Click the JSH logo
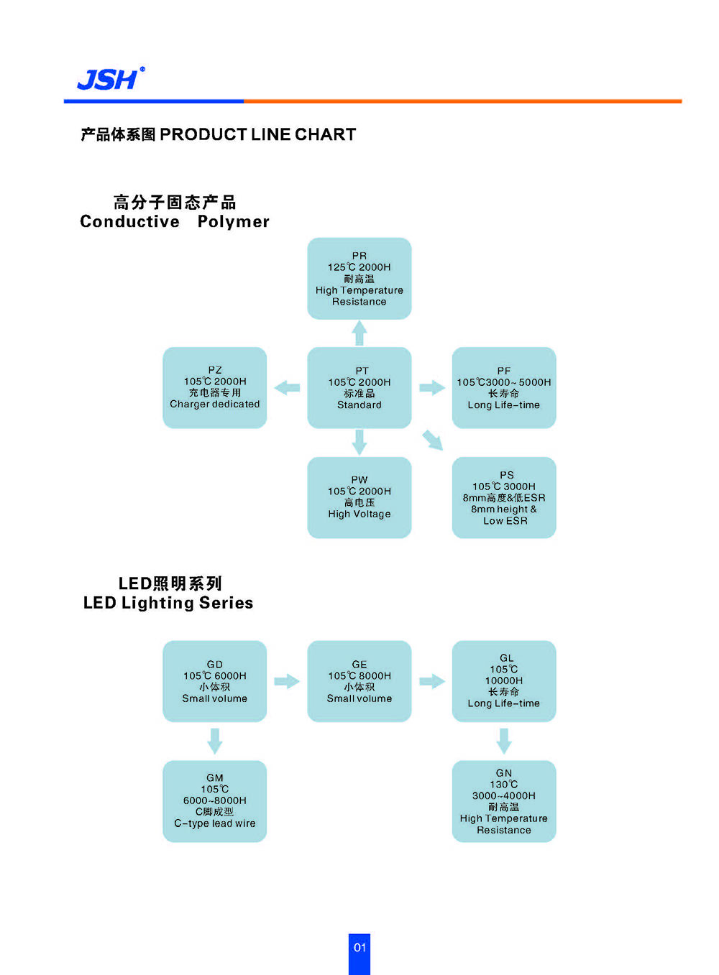110,79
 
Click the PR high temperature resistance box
359,279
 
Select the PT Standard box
359,388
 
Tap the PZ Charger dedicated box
215,388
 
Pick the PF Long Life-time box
504,388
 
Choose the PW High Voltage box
359,497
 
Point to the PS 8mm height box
504,497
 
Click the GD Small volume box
215,681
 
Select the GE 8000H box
359,681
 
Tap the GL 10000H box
504,681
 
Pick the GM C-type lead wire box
215,801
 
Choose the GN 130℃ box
504,801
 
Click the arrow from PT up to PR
359,333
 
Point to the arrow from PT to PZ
288,388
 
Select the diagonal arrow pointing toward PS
433,440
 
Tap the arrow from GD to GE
287,681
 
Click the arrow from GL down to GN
504,741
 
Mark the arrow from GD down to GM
215,741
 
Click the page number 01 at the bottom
359,948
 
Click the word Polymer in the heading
234,222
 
